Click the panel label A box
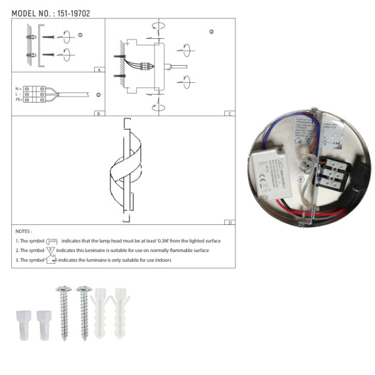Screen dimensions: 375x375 97,69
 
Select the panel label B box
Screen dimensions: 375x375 97,113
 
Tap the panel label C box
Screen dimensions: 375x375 229,113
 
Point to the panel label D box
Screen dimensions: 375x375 229,223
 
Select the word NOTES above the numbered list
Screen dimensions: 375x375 22,232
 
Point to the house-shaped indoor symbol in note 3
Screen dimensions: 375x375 51,261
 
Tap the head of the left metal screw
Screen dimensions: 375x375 63,290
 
